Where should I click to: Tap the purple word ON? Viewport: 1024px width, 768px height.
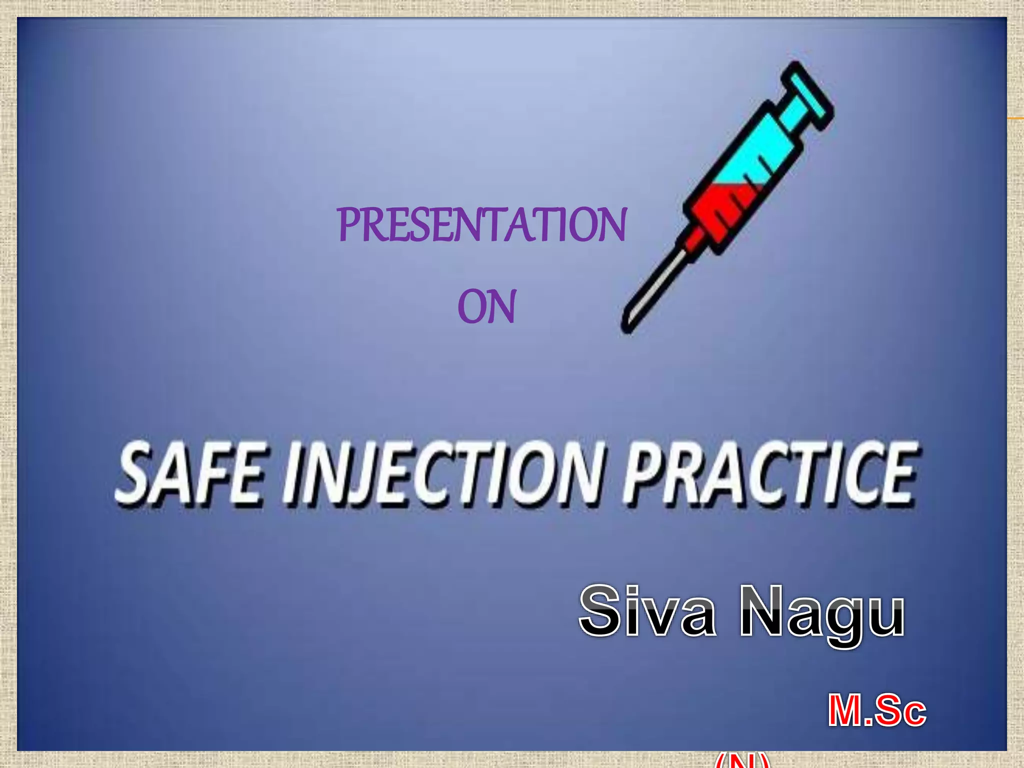point(486,307)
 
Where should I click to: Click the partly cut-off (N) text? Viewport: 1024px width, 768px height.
point(742,760)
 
